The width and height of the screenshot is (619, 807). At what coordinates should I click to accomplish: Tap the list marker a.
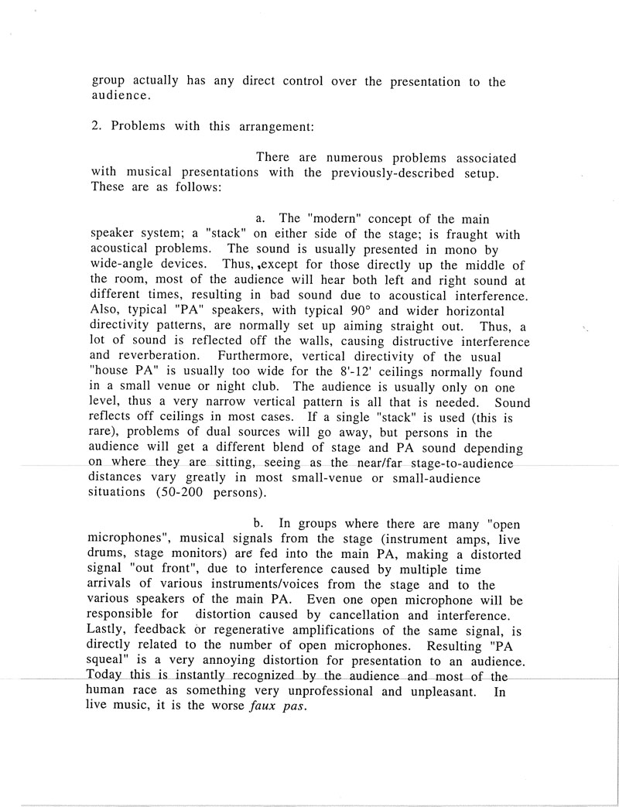coord(261,219)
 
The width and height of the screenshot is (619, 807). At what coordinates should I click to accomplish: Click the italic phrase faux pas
coord(281,706)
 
